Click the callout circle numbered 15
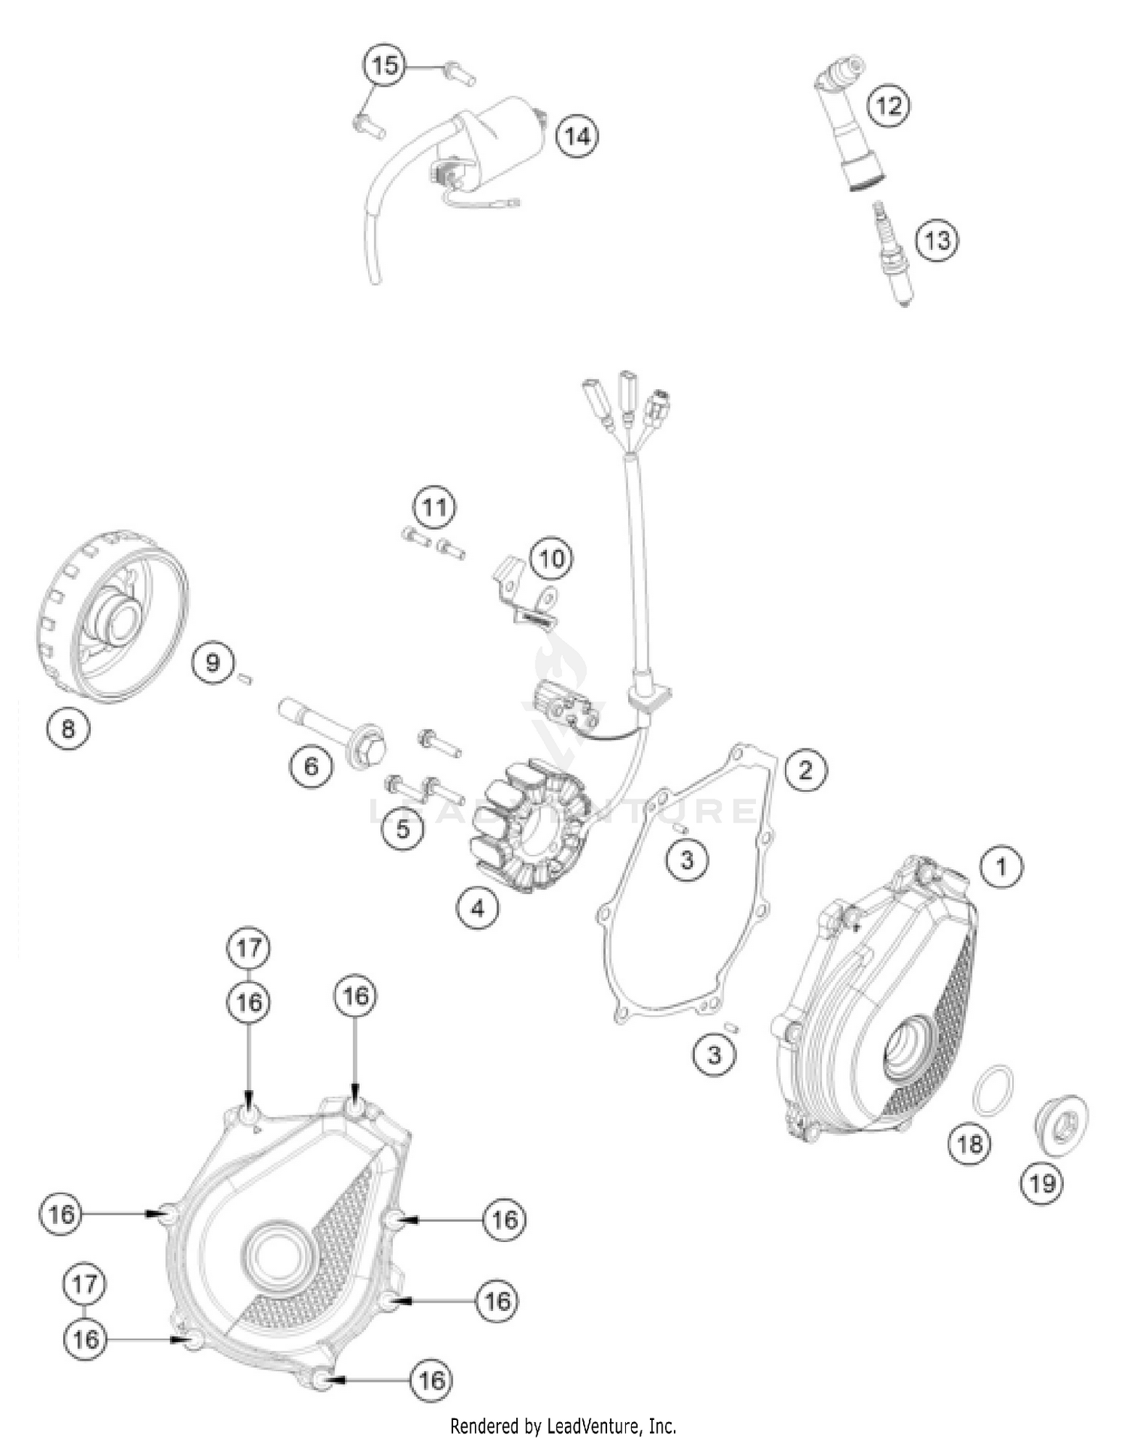[384, 65]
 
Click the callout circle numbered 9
[213, 662]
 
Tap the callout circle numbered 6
[311, 766]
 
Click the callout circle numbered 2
[805, 769]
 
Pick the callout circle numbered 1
[1001, 867]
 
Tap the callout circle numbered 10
[551, 558]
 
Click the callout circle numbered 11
[434, 507]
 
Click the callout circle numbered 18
[969, 1143]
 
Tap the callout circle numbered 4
[477, 908]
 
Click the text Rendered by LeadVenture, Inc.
[563, 1425]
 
